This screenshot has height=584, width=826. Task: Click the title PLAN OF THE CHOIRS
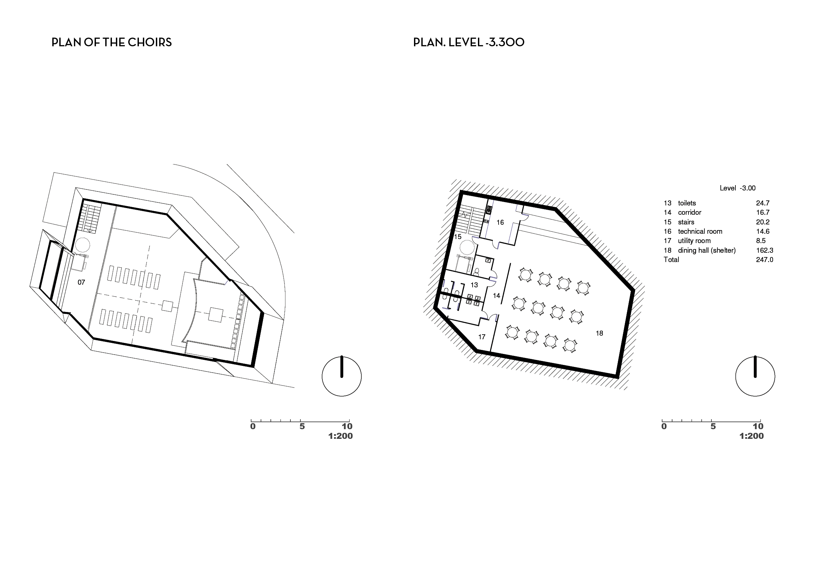tap(112, 42)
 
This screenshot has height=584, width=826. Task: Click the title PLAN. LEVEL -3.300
tap(469, 42)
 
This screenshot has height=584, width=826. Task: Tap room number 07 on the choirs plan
tap(81, 282)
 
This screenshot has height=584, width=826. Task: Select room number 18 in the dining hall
tap(600, 333)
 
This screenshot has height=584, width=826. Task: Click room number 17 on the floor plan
tap(482, 337)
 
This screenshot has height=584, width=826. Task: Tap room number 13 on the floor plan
tap(474, 285)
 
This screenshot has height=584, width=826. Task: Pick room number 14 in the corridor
tap(497, 296)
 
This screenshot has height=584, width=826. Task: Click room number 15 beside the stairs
tap(458, 237)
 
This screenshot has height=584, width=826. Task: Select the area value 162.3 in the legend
tap(764, 250)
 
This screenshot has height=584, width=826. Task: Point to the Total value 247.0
tap(764, 260)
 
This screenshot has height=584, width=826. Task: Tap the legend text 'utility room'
tap(694, 241)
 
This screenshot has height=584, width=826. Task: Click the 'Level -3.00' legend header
tap(737, 188)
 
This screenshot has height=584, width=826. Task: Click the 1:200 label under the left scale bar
tap(340, 436)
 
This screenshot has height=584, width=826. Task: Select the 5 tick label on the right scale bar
tap(713, 427)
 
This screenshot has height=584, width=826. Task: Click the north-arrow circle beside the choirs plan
tap(342, 357)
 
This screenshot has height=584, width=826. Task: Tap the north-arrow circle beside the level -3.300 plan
tap(755, 357)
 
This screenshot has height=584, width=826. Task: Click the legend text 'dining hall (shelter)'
tap(707, 251)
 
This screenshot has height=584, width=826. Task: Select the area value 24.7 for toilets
tap(763, 203)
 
